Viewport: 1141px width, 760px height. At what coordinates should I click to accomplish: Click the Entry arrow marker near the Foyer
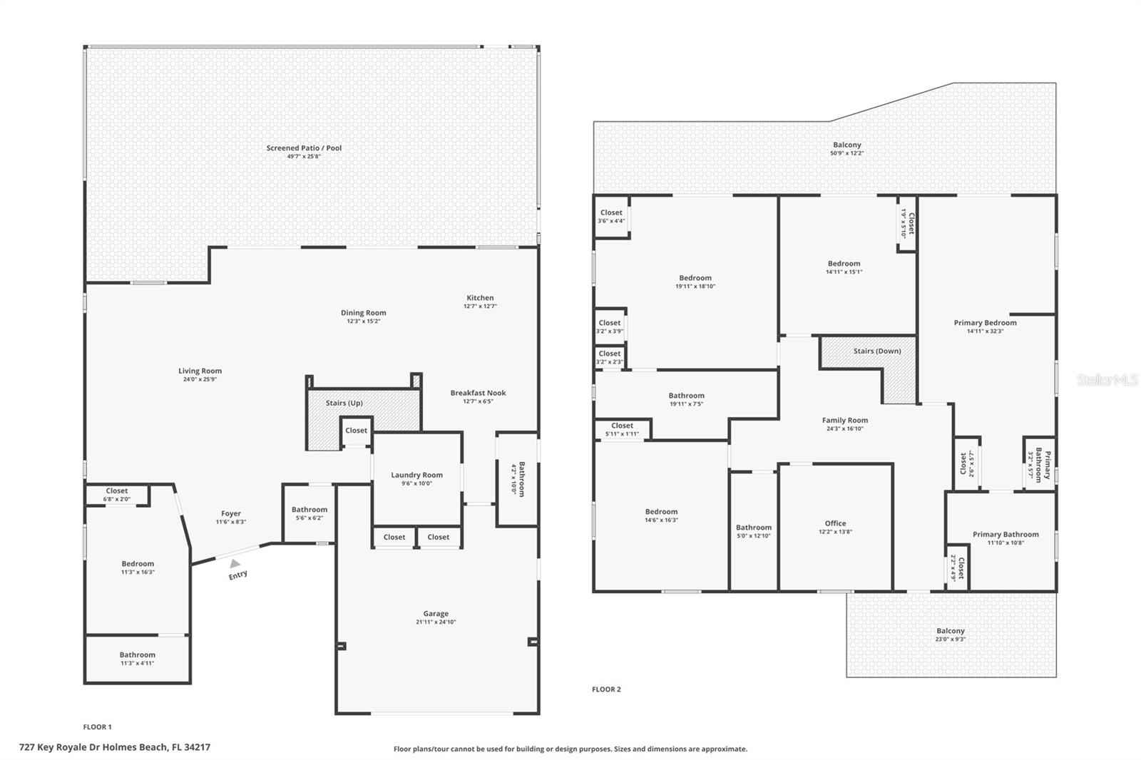click(x=235, y=563)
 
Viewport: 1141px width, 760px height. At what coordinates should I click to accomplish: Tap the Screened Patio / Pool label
click(x=304, y=148)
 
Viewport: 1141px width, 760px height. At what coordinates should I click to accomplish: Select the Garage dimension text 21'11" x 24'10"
click(x=436, y=622)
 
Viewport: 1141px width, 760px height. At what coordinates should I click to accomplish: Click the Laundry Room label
click(x=416, y=475)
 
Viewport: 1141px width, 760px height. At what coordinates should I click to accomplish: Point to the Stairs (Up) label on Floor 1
click(x=344, y=403)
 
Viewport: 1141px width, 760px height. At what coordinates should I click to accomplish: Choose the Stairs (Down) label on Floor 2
click(x=877, y=351)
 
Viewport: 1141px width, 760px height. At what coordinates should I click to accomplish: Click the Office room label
click(x=835, y=523)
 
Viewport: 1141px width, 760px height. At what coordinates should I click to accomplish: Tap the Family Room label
click(x=844, y=421)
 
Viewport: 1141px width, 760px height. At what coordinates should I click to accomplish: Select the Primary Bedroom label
click(x=985, y=323)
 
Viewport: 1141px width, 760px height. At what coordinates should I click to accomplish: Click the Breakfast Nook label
click(x=478, y=393)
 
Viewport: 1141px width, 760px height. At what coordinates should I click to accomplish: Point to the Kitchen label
click(x=480, y=298)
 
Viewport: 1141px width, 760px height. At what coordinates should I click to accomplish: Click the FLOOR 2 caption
click(x=606, y=689)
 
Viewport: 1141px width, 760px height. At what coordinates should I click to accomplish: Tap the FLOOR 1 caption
click(x=97, y=727)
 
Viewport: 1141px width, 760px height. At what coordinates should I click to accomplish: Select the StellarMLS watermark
click(x=1107, y=380)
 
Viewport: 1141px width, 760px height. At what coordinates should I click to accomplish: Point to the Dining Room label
click(x=363, y=313)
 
